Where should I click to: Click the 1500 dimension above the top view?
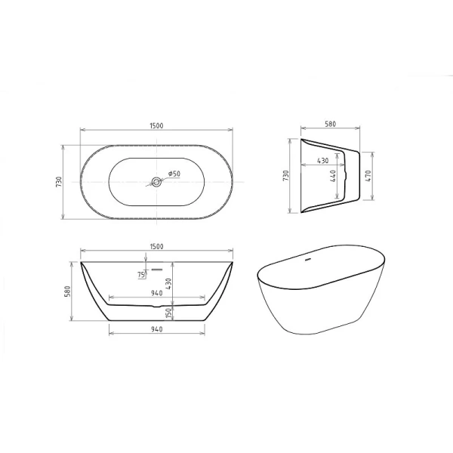[x=156, y=127]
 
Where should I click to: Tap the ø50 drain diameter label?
[x=173, y=174]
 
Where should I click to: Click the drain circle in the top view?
[x=156, y=181]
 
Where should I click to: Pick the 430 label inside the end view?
[x=322, y=160]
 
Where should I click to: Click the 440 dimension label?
[x=333, y=178]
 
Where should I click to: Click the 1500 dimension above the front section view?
[x=156, y=246]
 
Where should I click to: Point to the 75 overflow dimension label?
[x=141, y=276]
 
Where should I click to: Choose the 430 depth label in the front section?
[x=169, y=283]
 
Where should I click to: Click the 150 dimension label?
[x=169, y=310]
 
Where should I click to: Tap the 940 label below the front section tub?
[x=156, y=329]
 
